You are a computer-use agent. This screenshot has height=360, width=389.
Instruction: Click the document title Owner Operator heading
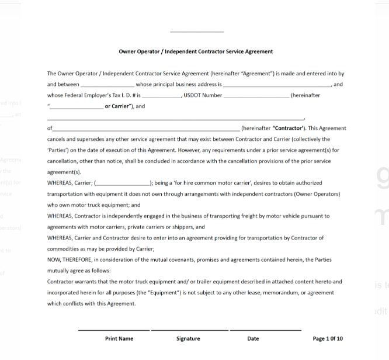click(195, 51)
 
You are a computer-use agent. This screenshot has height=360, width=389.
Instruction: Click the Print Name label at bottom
click(119, 338)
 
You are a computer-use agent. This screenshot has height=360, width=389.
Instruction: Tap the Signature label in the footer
click(188, 338)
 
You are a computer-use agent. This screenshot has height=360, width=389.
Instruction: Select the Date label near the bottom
click(253, 338)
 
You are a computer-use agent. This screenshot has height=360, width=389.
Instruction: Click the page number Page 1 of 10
click(328, 338)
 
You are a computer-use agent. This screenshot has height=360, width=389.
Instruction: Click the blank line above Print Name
click(114, 330)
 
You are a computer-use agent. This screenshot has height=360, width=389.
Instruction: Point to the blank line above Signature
click(189, 330)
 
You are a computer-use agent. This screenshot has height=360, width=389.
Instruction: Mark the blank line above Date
click(265, 330)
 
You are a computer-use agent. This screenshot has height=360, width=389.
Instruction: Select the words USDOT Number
click(203, 95)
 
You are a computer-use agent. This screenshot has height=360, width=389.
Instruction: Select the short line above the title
click(197, 32)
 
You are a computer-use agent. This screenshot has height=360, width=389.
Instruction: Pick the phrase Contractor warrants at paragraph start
click(71, 281)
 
